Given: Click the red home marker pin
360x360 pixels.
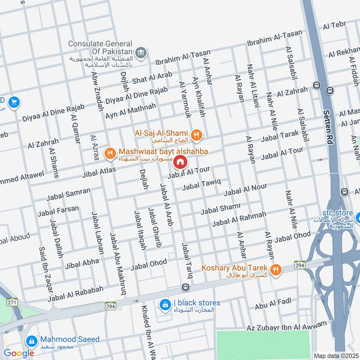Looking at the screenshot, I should [x=180, y=162].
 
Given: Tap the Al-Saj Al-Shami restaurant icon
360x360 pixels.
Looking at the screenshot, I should [x=196, y=134].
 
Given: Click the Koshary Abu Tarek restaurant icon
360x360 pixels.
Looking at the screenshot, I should [x=276, y=270].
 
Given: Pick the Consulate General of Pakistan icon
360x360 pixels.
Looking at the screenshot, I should [x=141, y=53].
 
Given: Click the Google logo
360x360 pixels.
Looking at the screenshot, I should [x=19, y=353].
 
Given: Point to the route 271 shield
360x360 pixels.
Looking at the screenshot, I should [x=13, y=302].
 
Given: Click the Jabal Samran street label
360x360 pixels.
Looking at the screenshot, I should [x=68, y=194].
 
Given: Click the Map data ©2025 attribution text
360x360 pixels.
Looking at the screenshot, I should [x=335, y=355].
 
